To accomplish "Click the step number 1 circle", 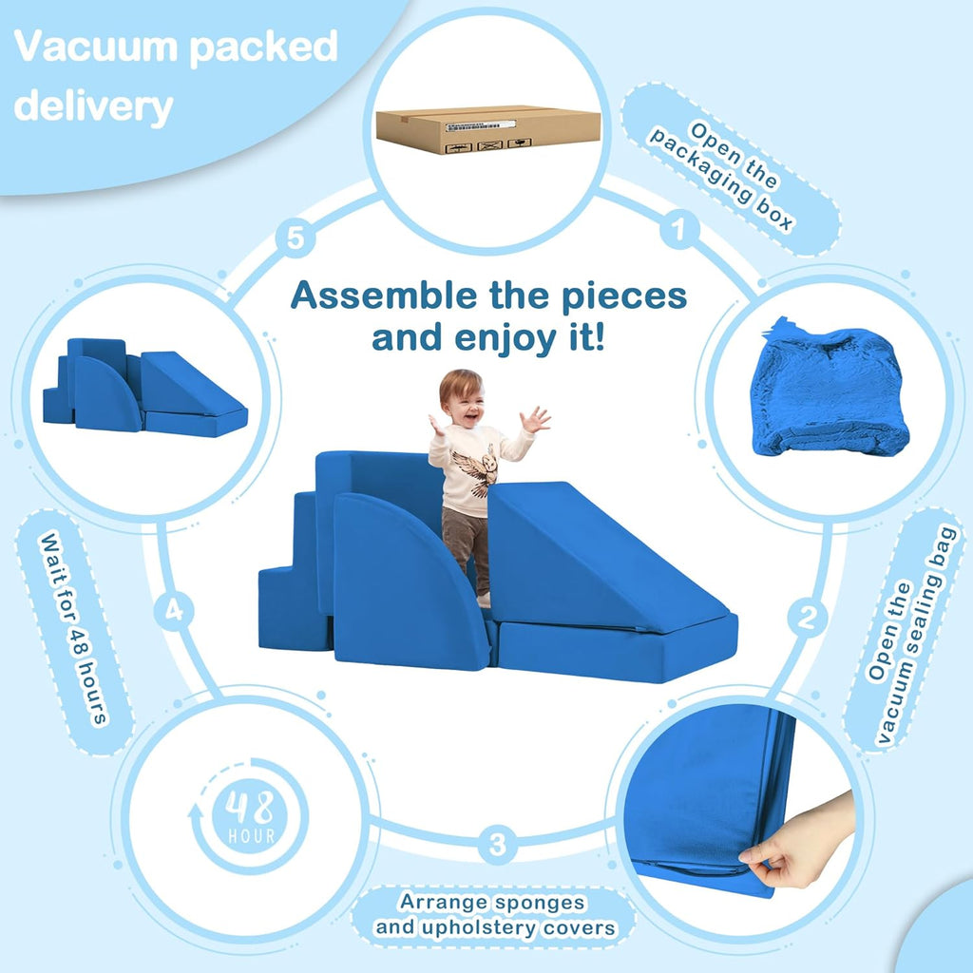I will [678, 229].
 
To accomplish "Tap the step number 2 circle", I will [806, 618].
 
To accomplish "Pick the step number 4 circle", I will [173, 612].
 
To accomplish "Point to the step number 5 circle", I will [296, 238].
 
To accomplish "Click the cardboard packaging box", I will [486, 129].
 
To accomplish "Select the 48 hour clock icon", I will [249, 816].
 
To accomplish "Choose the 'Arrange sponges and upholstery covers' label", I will [493, 914].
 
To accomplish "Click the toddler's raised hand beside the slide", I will [537, 419].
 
